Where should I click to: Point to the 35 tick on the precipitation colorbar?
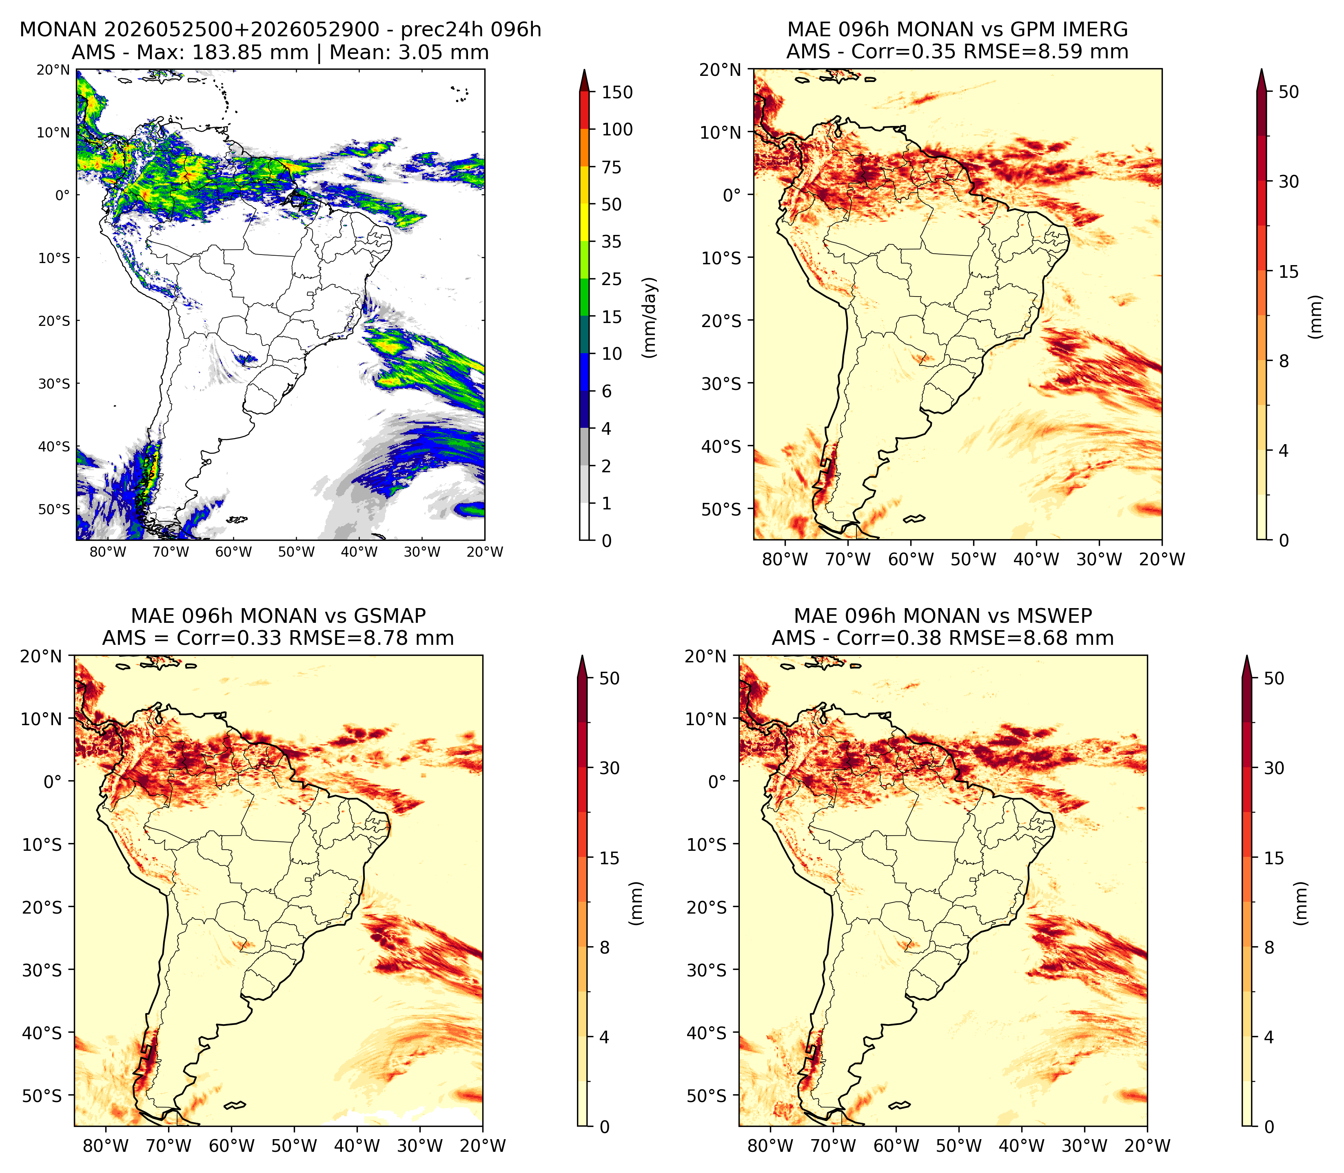[x=612, y=241]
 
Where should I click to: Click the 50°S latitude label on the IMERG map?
[x=721, y=509]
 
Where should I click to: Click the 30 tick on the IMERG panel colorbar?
[x=1289, y=181]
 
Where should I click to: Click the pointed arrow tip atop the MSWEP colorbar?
[x=1247, y=656]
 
